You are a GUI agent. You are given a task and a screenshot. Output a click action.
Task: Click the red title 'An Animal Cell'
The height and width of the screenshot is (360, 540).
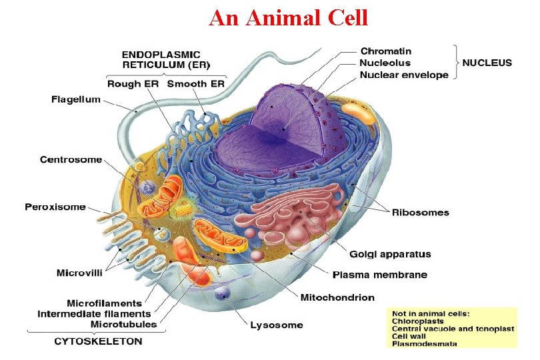288,17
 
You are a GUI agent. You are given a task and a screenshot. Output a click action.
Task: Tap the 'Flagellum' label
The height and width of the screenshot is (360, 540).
76,100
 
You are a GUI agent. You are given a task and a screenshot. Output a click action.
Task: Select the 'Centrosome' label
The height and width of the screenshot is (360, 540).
71,160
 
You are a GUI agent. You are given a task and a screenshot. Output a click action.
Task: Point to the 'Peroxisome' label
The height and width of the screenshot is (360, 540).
55,207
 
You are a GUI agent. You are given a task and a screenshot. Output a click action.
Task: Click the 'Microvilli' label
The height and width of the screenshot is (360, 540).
79,273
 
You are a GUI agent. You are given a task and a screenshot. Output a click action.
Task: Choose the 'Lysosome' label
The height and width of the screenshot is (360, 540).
276,325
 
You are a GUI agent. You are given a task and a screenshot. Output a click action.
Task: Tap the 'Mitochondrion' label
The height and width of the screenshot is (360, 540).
337,297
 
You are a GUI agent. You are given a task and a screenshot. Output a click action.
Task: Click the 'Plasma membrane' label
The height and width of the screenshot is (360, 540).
380,275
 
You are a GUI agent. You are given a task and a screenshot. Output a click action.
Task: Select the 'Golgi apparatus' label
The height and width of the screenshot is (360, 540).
390,254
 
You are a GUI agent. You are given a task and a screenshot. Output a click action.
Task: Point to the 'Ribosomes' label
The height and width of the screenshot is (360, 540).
420,213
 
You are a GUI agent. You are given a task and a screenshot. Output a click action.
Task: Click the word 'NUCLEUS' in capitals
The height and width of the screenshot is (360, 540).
487,63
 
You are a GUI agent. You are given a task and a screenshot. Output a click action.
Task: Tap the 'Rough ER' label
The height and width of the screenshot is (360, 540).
133,84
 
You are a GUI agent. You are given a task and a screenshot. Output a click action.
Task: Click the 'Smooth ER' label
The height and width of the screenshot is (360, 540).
195,84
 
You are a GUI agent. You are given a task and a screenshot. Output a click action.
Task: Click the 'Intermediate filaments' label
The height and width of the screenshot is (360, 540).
94,313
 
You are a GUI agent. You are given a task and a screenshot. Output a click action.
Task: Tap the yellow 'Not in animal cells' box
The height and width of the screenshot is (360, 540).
452,327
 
